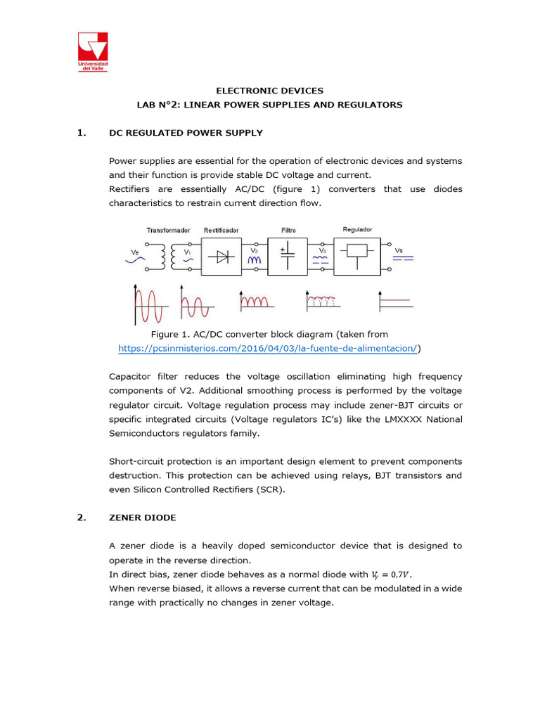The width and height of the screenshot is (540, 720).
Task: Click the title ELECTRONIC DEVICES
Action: pos(269,91)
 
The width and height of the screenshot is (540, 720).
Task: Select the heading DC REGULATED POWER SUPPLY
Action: pos(186,133)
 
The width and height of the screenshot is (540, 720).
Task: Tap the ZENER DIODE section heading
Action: pos(142,517)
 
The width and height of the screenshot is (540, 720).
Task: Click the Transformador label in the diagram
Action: pos(168,230)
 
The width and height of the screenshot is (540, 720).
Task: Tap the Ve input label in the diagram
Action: pos(135,251)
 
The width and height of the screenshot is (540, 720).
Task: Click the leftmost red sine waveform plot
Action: pos(148,306)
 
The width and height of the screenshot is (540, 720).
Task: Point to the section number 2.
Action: pos(81,517)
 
